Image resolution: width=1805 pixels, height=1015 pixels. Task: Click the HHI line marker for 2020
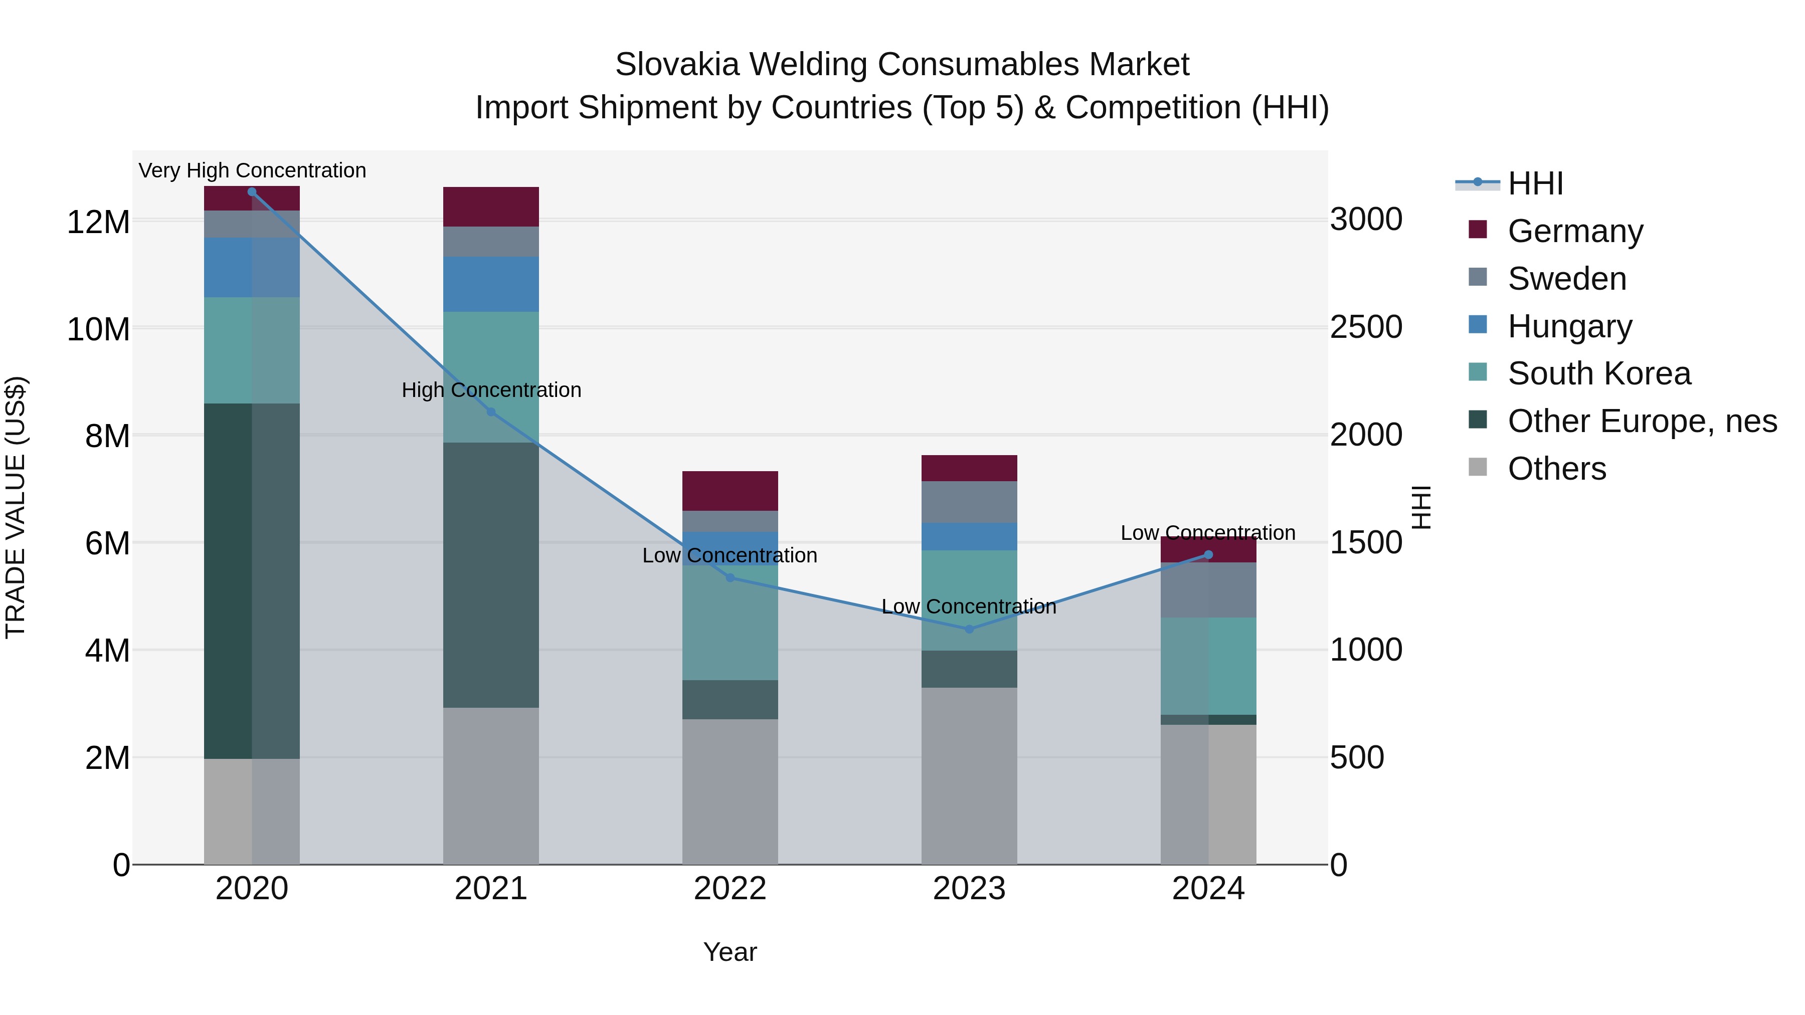[x=252, y=191]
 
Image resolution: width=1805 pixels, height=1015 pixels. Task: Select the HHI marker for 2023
[x=969, y=629]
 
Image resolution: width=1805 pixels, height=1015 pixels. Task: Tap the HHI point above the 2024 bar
[x=1208, y=555]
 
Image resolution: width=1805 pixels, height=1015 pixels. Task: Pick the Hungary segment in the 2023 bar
[x=969, y=536]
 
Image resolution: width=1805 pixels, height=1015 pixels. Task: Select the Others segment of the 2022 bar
[x=730, y=791]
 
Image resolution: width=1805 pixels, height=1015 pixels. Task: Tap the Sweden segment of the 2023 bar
[x=969, y=502]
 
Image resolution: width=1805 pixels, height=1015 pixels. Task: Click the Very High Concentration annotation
[x=252, y=170]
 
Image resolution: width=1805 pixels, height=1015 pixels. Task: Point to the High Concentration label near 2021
[x=491, y=389]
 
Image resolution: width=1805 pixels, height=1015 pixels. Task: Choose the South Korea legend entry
[x=1599, y=373]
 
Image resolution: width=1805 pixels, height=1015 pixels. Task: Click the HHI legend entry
[x=1535, y=183]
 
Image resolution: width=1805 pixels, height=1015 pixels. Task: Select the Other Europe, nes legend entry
[x=1642, y=421]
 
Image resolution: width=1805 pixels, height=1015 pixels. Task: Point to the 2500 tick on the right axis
[x=1366, y=327]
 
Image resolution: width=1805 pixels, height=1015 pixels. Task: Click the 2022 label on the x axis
[x=730, y=888]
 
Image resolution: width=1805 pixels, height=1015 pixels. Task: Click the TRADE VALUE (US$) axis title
[x=16, y=507]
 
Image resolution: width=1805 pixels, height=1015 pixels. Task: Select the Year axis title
[x=730, y=952]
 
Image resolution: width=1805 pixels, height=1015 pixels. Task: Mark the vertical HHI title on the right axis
[x=1421, y=507]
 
